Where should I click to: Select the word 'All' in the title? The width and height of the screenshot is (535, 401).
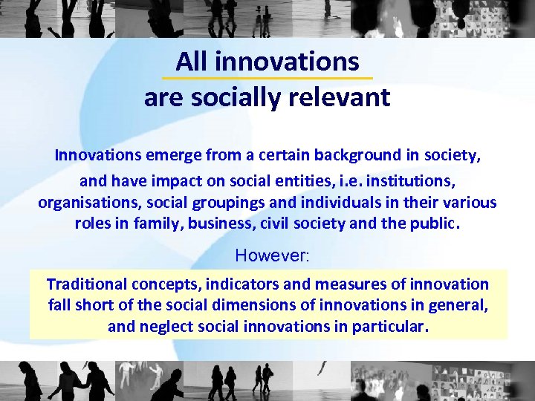(191, 61)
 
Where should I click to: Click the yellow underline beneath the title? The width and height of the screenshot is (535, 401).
(267, 78)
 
